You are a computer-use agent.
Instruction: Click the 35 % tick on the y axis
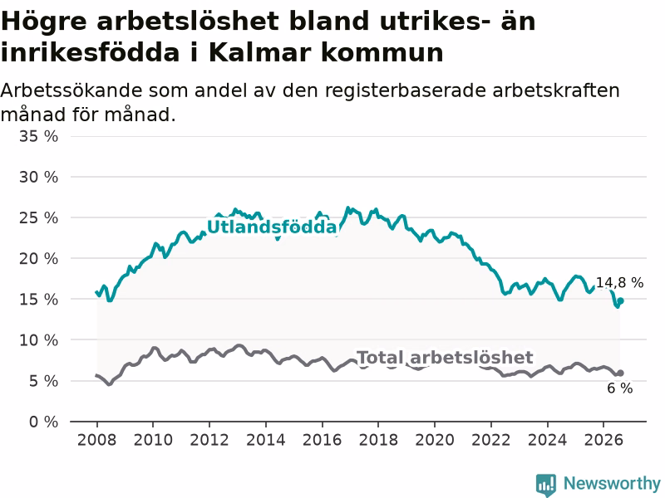click(x=38, y=136)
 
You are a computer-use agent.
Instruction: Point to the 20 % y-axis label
click(x=38, y=258)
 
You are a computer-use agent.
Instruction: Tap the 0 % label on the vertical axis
click(x=44, y=422)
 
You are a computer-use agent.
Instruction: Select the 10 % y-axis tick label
click(x=38, y=340)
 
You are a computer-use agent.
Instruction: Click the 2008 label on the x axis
click(x=96, y=440)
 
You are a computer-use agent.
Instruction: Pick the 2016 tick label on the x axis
click(x=322, y=440)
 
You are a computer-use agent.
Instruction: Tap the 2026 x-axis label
click(x=603, y=440)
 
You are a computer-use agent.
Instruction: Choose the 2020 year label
click(x=435, y=440)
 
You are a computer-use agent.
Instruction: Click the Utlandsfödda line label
click(x=272, y=227)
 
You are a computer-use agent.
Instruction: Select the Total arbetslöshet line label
click(x=445, y=358)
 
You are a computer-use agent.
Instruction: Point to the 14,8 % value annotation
click(x=619, y=282)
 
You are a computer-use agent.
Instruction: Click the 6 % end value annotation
click(x=619, y=388)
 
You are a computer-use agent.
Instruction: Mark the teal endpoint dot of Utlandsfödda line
click(x=620, y=300)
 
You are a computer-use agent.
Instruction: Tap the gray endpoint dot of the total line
click(x=620, y=373)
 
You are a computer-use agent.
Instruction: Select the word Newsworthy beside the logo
click(x=612, y=483)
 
